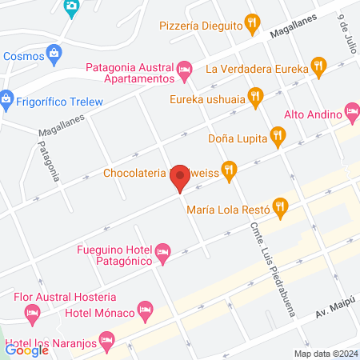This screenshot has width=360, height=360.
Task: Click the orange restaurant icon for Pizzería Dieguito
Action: [x=254, y=23]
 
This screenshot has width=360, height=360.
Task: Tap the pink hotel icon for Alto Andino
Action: [x=352, y=110]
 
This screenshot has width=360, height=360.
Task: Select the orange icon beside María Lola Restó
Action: [x=279, y=208]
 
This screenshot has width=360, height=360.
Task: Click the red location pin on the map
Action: [x=180, y=183]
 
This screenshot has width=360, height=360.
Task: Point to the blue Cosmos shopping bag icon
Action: [x=54, y=56]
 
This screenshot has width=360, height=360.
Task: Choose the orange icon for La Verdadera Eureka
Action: [x=319, y=68]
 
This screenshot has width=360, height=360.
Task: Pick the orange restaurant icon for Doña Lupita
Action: [x=278, y=135]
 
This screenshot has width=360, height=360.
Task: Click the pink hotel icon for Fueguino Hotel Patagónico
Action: [x=162, y=254]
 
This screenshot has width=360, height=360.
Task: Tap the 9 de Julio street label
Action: [x=345, y=31]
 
